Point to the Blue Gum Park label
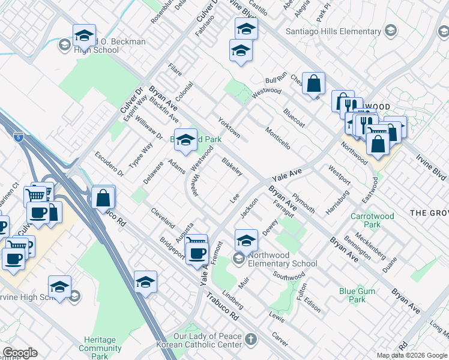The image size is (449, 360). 352,295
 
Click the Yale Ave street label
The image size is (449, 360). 286,176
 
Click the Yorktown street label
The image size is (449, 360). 229,127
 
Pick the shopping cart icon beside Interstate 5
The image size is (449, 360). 36,194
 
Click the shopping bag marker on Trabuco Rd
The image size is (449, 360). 103,197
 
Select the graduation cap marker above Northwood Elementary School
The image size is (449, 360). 246,241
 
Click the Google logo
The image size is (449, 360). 20,353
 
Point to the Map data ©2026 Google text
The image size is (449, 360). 412,355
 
